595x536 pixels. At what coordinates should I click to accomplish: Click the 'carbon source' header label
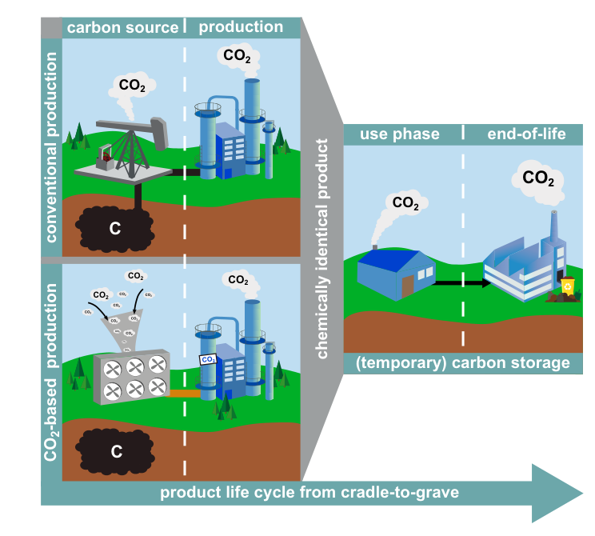click(x=122, y=28)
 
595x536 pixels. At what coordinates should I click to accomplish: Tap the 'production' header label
click(x=241, y=27)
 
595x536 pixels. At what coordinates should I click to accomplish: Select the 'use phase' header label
click(x=400, y=134)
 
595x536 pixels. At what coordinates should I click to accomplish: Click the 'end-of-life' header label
click(x=526, y=134)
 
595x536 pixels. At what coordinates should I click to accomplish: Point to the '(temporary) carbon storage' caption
click(x=463, y=363)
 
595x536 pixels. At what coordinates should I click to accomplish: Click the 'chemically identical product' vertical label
click(x=321, y=249)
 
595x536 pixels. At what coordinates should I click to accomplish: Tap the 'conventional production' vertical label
click(x=51, y=147)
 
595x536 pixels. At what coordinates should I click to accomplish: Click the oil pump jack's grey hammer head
click(x=160, y=134)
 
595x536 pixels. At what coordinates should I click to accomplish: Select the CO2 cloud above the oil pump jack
click(x=132, y=86)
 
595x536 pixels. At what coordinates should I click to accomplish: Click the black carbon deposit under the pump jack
click(x=115, y=229)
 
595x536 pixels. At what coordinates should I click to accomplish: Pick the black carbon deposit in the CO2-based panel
click(x=115, y=452)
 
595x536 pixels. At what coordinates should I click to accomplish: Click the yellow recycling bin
click(x=568, y=286)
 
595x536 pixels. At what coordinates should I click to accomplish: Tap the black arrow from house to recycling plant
click(x=463, y=283)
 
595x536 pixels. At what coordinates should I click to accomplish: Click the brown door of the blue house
click(x=408, y=286)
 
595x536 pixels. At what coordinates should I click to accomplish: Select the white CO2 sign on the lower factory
click(x=208, y=359)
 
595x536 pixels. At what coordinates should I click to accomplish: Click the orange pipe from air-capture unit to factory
click(x=185, y=394)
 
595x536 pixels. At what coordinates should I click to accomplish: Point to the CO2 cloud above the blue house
click(x=406, y=202)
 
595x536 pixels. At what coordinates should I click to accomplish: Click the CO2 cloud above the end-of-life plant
click(x=537, y=178)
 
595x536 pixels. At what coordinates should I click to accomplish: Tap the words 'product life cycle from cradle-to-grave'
click(x=309, y=493)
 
